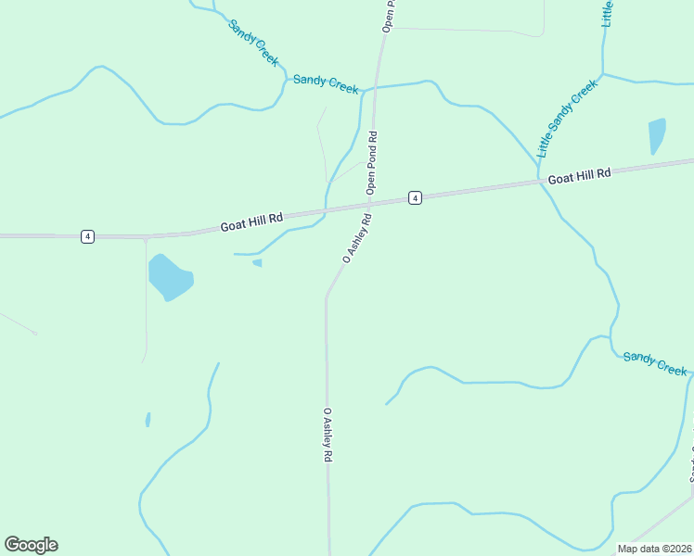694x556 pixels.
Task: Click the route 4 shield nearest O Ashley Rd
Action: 415,197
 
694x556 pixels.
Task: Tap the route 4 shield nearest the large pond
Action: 87,236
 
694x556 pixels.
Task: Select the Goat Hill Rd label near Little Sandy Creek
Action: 580,175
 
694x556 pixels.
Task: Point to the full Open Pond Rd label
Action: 372,163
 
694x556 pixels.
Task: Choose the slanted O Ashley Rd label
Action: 357,239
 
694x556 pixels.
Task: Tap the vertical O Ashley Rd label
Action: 328,436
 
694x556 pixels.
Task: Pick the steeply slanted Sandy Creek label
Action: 253,43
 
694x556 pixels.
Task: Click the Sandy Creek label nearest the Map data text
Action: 655,363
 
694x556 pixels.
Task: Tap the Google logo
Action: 31,545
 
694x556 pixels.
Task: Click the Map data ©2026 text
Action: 655,549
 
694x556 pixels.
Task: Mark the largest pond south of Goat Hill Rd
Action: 170,277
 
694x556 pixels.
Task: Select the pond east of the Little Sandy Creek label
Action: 657,135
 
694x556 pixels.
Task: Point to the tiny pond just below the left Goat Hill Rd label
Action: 257,262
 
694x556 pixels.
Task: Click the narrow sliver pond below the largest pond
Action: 148,420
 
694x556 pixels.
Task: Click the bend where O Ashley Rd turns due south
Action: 326,297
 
